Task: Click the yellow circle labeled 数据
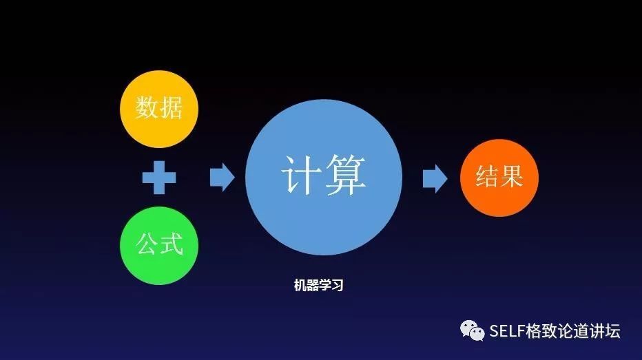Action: tap(159, 108)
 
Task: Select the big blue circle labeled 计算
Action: tap(324, 178)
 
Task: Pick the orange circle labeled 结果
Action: tap(499, 178)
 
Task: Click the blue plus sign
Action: tap(159, 178)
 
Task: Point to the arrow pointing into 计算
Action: tap(222, 178)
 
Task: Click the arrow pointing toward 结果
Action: tap(435, 178)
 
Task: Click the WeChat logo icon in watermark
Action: tap(473, 331)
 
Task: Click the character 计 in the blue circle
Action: tap(300, 176)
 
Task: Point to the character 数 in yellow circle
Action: tap(147, 108)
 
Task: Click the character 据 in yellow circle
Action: tap(171, 108)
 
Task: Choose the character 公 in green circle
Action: tap(147, 244)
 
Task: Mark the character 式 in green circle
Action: tap(172, 244)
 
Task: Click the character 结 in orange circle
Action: tap(487, 178)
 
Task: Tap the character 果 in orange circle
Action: tap(512, 178)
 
